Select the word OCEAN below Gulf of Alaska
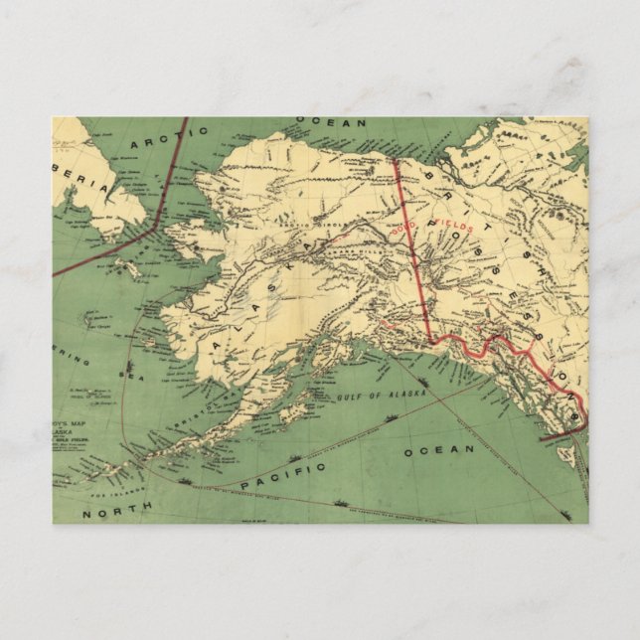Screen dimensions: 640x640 [x=439, y=450]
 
